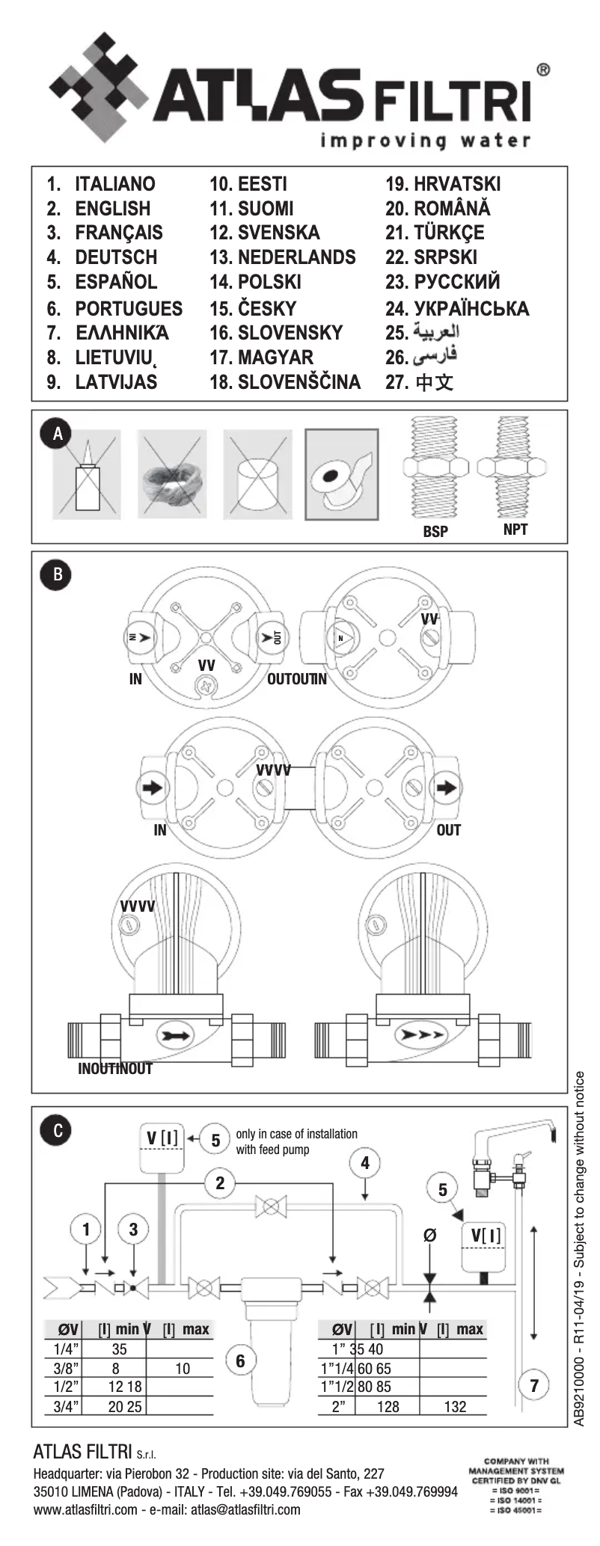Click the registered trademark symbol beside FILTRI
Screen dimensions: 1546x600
pyautogui.click(x=543, y=70)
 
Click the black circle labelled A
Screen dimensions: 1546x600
pyautogui.click(x=57, y=434)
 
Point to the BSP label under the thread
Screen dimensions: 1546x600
pyautogui.click(x=435, y=531)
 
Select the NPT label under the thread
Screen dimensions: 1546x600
pyautogui.click(x=515, y=530)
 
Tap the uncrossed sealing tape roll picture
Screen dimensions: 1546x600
pyautogui.click(x=341, y=474)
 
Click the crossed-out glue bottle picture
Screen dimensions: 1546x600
pyautogui.click(x=86, y=474)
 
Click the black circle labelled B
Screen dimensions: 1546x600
pyautogui.click(x=57, y=575)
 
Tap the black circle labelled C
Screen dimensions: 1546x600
pyautogui.click(x=57, y=1130)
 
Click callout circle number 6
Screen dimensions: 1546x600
pyautogui.click(x=240, y=1361)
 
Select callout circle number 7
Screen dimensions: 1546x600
pyautogui.click(x=534, y=1385)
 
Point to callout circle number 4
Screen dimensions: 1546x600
pyautogui.click(x=365, y=1163)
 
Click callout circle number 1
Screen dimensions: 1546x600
pyautogui.click(x=86, y=1229)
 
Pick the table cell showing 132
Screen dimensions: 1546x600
pyautogui.click(x=455, y=1407)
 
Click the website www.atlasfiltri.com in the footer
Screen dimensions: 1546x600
pyautogui.click(x=85, y=1509)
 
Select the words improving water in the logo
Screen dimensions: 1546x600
pyautogui.click(x=426, y=140)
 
